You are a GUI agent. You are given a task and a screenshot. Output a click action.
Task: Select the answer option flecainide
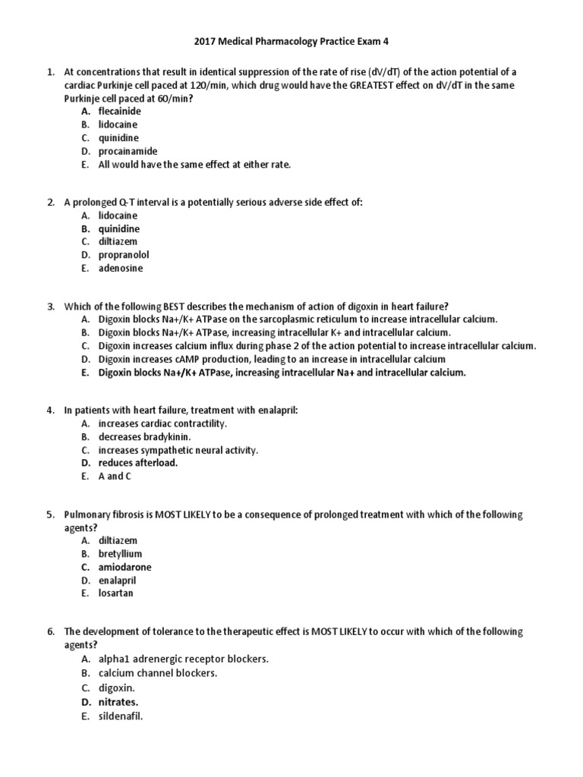119,111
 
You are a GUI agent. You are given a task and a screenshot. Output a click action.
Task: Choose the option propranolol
125,255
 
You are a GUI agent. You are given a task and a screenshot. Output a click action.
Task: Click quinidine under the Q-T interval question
119,228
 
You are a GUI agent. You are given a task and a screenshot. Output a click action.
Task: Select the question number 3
50,307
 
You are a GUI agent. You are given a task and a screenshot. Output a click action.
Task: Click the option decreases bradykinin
144,437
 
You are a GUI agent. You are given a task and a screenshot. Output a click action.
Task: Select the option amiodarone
124,567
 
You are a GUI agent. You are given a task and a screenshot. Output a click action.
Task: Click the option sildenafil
120,716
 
